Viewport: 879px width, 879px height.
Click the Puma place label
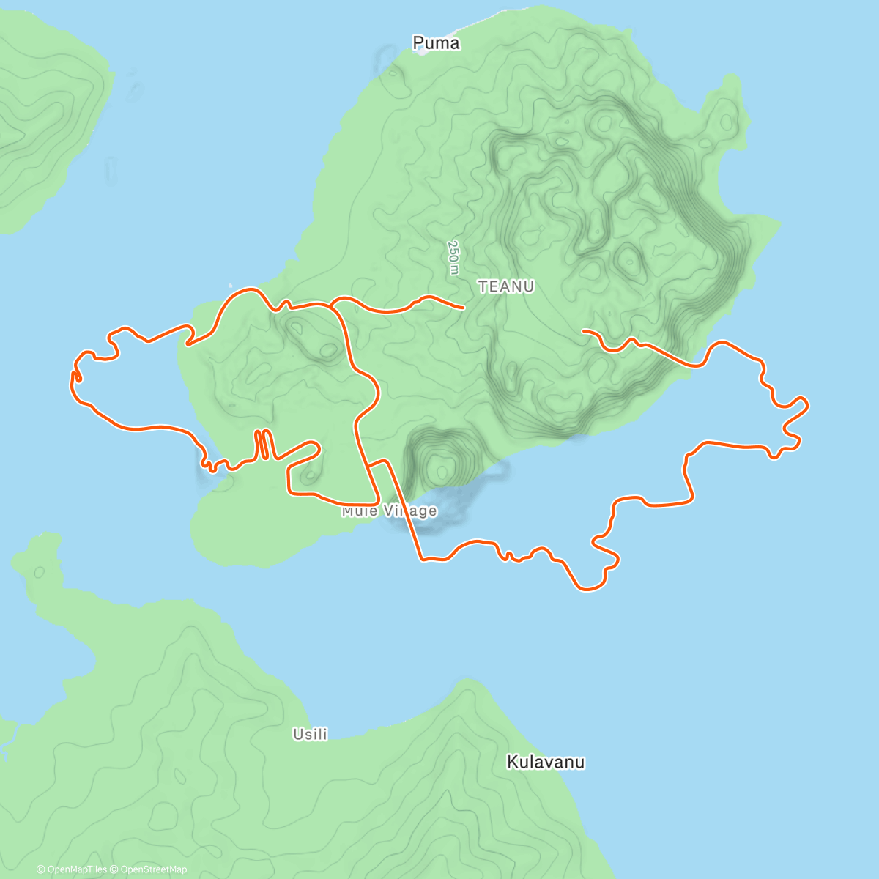tap(437, 43)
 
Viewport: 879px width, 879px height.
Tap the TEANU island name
tap(506, 286)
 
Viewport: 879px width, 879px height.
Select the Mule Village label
tap(389, 511)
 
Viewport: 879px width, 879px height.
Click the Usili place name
tap(310, 734)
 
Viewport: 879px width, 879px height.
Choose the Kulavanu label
tap(546, 763)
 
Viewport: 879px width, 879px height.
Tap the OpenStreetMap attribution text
tap(153, 869)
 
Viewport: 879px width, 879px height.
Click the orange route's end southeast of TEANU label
tap(583, 331)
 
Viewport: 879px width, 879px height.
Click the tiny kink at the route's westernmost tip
tap(75, 377)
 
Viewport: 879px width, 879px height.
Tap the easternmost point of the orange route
tap(807, 404)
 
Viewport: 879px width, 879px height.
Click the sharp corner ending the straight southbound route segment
tap(422, 560)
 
